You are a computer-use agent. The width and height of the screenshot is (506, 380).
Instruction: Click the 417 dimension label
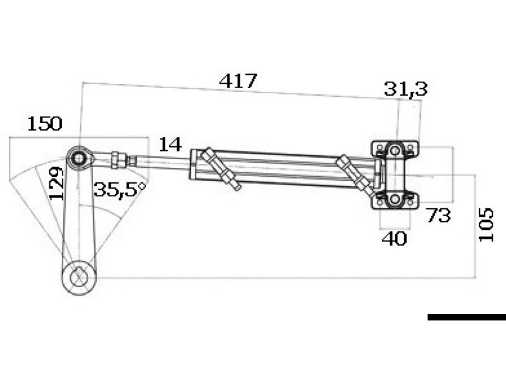pyautogui.click(x=238, y=81)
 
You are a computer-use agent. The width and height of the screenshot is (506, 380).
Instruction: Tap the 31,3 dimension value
pyautogui.click(x=405, y=89)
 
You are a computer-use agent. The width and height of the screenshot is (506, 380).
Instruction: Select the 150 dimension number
pyautogui.click(x=44, y=123)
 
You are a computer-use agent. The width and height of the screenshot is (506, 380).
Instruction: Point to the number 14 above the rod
pyautogui.click(x=170, y=144)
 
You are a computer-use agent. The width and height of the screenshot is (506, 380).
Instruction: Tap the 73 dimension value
pyautogui.click(x=438, y=215)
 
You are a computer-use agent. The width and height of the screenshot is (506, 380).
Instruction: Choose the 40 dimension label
pyautogui.click(x=394, y=239)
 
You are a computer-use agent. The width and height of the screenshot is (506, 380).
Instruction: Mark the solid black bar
pyautogui.click(x=466, y=317)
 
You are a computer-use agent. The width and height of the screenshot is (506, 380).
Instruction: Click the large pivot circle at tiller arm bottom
pyautogui.click(x=78, y=277)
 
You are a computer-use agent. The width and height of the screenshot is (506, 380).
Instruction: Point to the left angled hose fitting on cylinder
pyautogui.click(x=220, y=168)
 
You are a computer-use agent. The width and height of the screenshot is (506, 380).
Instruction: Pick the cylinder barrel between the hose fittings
pyautogui.click(x=285, y=168)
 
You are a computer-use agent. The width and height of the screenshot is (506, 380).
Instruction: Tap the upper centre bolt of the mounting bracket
pyautogui.click(x=395, y=151)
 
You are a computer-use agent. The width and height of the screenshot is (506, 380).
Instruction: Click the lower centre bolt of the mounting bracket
pyautogui.click(x=395, y=199)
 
